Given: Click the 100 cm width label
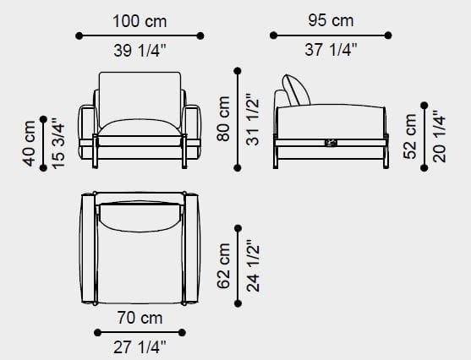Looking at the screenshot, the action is pos(140,22).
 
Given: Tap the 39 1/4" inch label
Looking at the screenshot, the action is pos(140,50).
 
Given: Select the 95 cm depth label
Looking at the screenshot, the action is pos(331,21).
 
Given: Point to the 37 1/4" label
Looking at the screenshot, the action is pos(331,50).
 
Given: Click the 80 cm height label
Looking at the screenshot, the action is pos(223,118).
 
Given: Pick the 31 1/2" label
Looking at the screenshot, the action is pos(252,119).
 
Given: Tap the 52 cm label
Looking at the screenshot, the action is pos(410,137).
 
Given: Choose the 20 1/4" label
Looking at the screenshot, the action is pos(439,137).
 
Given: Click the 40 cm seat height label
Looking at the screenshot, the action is pos(29,144).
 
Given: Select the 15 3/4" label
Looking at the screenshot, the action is pos(58,144).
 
